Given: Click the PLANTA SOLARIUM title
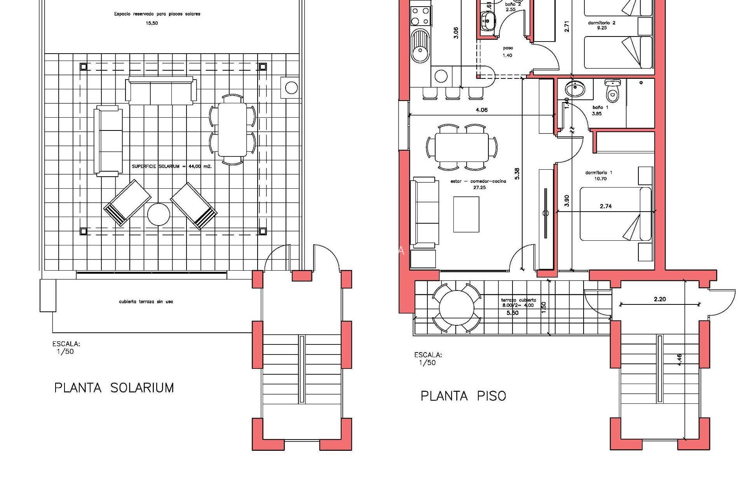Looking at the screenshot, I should (x=114, y=388).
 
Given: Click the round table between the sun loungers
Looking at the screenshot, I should (x=159, y=214).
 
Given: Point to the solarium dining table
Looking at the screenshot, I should (x=232, y=129).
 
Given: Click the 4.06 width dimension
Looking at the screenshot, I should (x=481, y=110).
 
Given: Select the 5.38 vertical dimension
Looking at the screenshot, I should (x=517, y=174).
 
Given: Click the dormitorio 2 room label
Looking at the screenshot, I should (x=601, y=25).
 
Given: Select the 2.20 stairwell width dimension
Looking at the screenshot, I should (x=660, y=299).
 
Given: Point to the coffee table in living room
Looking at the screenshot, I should (x=466, y=214).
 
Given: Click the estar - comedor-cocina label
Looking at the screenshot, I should (x=478, y=184).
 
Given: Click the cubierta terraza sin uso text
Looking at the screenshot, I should (x=146, y=302).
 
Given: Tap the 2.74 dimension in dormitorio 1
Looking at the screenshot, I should (x=606, y=206).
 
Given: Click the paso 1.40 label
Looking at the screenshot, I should (x=508, y=52).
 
